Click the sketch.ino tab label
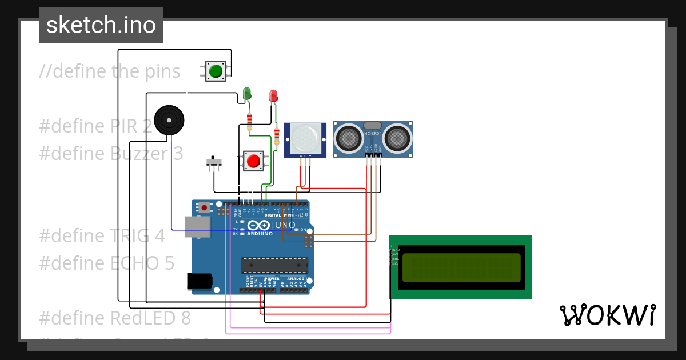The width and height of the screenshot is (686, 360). click(101, 25)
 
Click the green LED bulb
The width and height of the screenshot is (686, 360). click(247, 93)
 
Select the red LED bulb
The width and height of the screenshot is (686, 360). click(274, 95)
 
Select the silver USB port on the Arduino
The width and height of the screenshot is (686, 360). click(197, 226)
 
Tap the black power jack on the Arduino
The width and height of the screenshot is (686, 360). click(200, 281)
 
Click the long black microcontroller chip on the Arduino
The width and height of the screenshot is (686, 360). click(274, 265)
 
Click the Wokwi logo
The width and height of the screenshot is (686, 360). click(607, 315)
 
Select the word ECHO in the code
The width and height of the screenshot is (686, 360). click(137, 263)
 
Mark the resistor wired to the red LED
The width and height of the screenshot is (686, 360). click(277, 135)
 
